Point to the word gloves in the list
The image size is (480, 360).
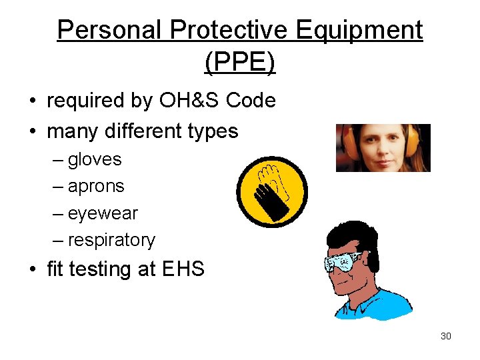[x=95, y=159]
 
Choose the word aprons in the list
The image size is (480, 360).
[x=96, y=187]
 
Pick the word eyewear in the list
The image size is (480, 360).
[x=103, y=213]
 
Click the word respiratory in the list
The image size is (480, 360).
[x=111, y=240]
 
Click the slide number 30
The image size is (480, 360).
[x=446, y=336]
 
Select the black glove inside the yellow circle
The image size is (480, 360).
[x=273, y=193]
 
